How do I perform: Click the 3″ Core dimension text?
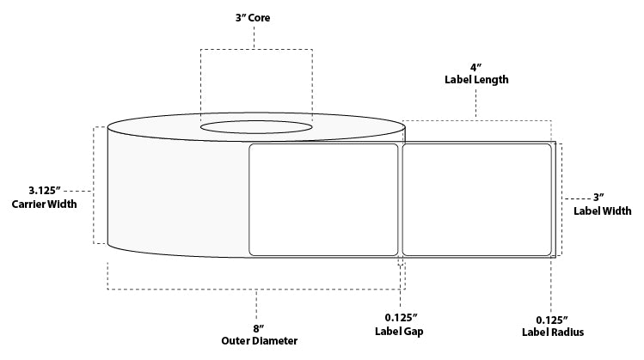[x=256, y=16]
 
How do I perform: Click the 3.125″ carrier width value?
[x=44, y=190]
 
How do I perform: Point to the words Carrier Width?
[x=44, y=204]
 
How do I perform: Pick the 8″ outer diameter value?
[x=257, y=326]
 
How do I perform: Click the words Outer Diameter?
[x=257, y=341]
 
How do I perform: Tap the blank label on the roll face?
[x=322, y=199]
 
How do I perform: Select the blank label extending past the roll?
[x=476, y=199]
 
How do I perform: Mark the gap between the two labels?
[x=400, y=199]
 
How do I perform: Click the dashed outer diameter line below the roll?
[x=257, y=290]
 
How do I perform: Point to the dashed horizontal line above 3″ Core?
[x=256, y=49]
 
